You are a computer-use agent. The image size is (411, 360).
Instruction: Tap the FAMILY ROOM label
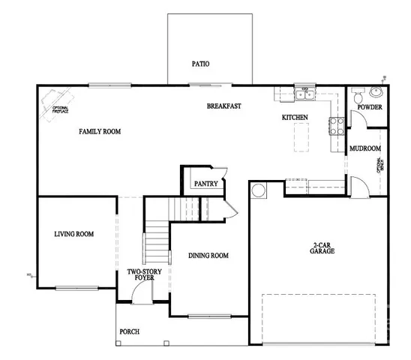pos(100,132)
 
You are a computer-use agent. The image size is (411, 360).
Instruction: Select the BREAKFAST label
pos(223,106)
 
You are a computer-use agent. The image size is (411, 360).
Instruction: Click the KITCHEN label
pos(295,118)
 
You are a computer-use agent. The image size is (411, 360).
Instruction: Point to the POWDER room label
pos(370,108)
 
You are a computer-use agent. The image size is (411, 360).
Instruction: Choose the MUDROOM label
pos(365,148)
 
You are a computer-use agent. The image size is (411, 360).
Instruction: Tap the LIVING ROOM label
pos(73,235)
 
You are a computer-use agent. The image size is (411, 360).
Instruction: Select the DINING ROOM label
pos(208,256)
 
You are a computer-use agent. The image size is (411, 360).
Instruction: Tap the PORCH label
pos(130,331)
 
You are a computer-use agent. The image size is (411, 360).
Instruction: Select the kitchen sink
pos(304,94)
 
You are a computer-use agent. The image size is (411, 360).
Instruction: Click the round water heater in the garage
pos(259,191)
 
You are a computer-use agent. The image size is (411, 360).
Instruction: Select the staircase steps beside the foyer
pos(154,242)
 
